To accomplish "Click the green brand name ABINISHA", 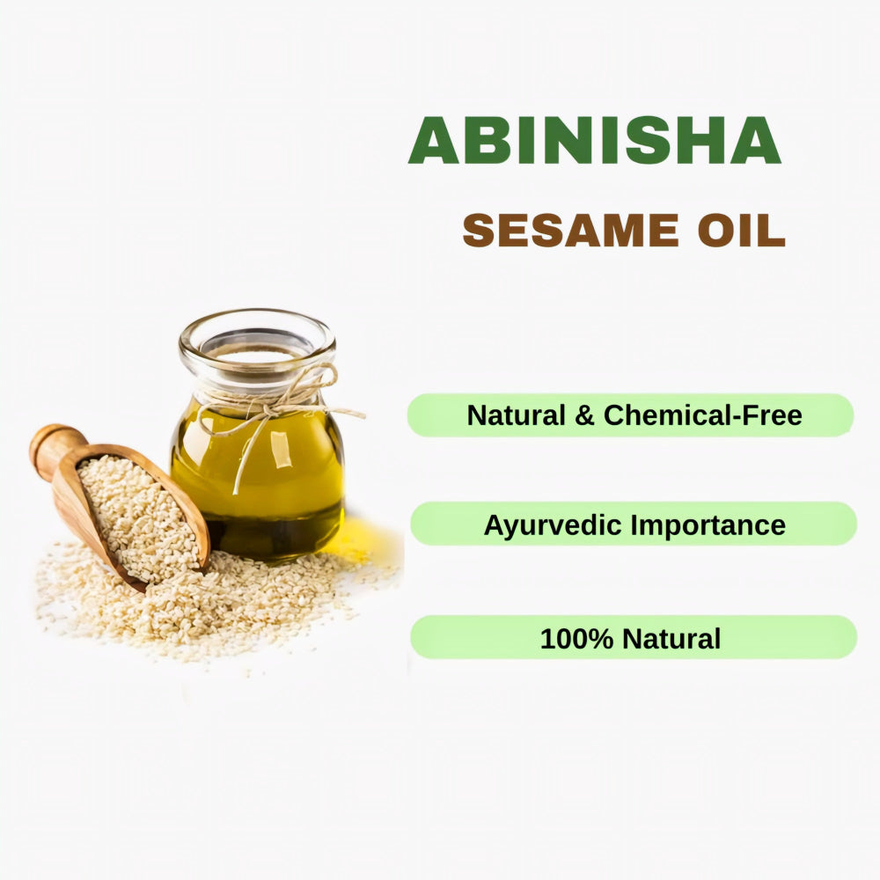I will pyautogui.click(x=594, y=140).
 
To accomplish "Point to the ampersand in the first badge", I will pyautogui.click(x=584, y=415).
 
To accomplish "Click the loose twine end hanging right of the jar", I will pyautogui.click(x=350, y=412).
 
